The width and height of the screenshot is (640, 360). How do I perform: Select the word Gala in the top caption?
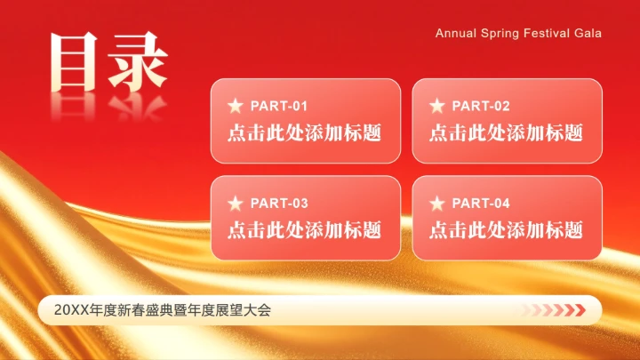(588, 33)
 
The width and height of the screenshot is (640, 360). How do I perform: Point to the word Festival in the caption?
(548, 33)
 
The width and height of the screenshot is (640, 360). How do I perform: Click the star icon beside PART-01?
(236, 107)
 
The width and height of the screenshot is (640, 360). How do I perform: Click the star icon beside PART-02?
(437, 107)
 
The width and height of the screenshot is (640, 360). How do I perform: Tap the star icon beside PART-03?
(236, 204)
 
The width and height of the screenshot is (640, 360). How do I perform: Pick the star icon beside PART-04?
(437, 204)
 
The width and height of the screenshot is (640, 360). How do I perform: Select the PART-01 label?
(279, 107)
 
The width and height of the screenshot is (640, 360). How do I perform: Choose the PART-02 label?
(481, 107)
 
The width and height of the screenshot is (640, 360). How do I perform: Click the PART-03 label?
(279, 204)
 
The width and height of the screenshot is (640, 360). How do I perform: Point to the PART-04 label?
(481, 204)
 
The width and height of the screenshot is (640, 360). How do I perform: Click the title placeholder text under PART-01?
(304, 133)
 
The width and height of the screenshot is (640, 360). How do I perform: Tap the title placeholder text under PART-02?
(506, 133)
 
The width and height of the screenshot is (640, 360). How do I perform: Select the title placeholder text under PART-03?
(304, 230)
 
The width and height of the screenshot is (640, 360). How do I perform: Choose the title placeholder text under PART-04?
(506, 230)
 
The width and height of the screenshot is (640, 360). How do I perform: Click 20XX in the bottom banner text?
(68, 310)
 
